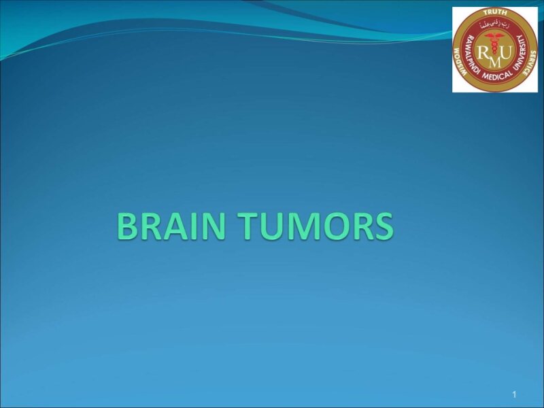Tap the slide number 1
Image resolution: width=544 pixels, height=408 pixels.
point(515,395)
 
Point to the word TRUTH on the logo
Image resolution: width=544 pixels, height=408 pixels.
point(494,13)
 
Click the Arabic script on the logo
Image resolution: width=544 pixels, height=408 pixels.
point(494,26)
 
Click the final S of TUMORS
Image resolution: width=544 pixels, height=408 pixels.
point(382,226)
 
